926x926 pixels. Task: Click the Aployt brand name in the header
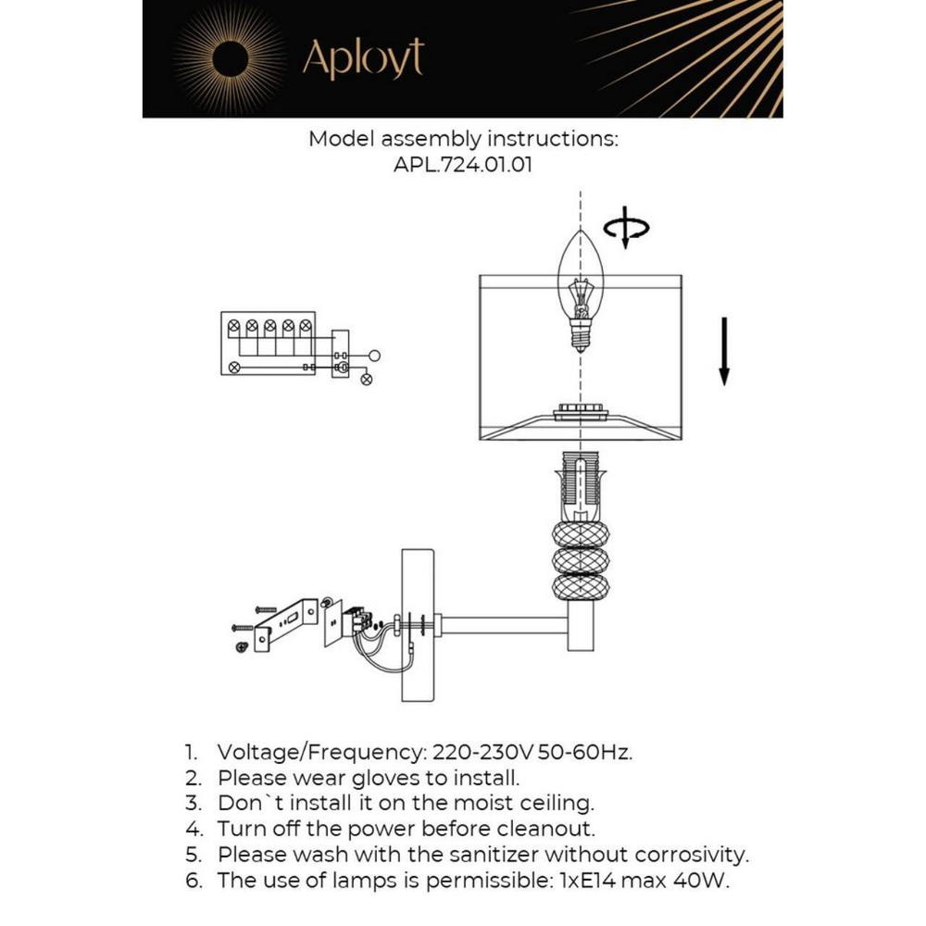coord(363,59)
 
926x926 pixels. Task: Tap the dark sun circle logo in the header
coord(231,60)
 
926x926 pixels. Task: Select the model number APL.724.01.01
coord(463,166)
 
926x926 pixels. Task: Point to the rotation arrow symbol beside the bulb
coord(626,229)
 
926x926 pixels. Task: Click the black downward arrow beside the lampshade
coord(724,351)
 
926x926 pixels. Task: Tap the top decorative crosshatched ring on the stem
coord(580,535)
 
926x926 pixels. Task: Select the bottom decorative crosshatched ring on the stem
coord(580,587)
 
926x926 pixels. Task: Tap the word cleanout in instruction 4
coord(548,828)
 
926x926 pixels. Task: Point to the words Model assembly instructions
coord(463,140)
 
